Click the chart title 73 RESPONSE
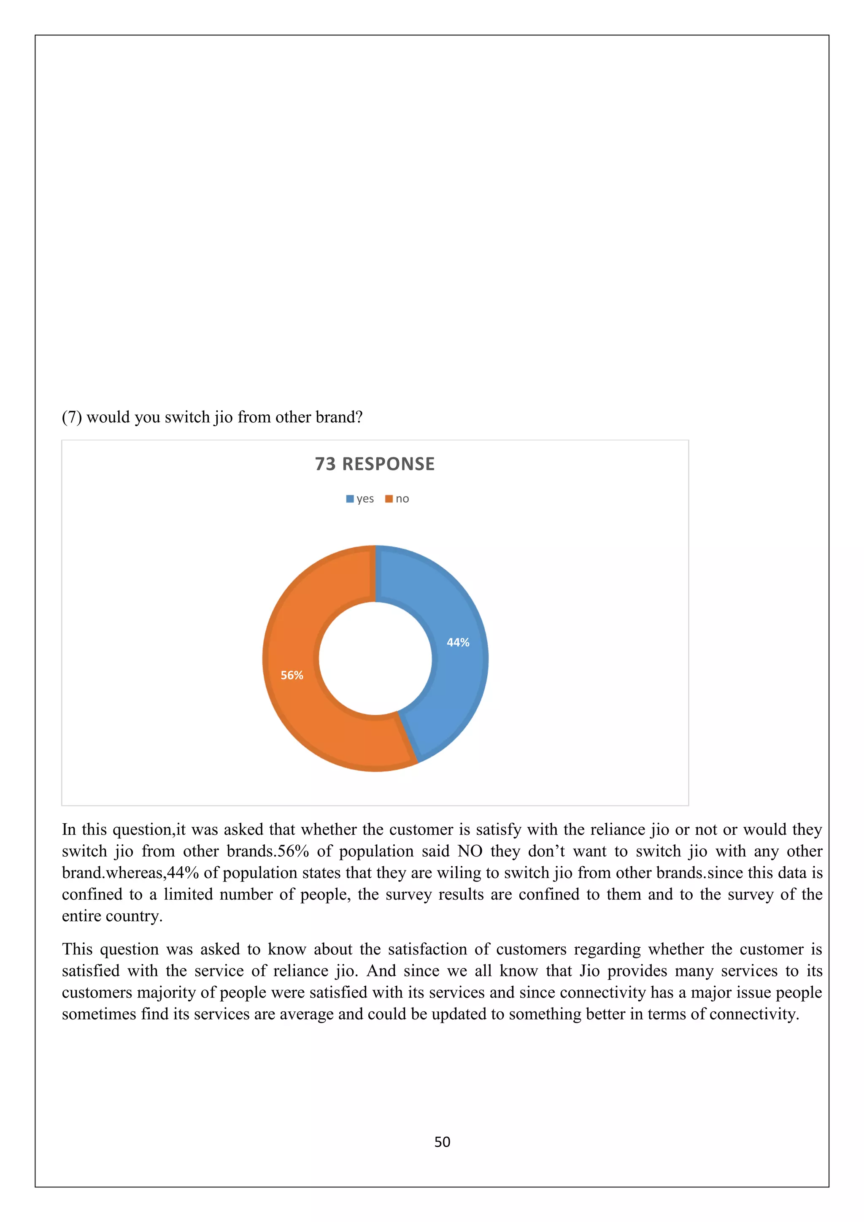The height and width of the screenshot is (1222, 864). pos(375,464)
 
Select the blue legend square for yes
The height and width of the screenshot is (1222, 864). pos(350,499)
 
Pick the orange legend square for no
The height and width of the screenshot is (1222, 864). pos(389,499)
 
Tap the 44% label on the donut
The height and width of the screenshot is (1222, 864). pos(458,642)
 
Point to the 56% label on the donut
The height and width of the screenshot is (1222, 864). pos(292,676)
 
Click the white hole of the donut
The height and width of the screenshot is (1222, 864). pos(375,658)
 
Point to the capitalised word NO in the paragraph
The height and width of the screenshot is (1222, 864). pos(470,851)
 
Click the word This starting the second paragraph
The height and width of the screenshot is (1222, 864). pos(77,949)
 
